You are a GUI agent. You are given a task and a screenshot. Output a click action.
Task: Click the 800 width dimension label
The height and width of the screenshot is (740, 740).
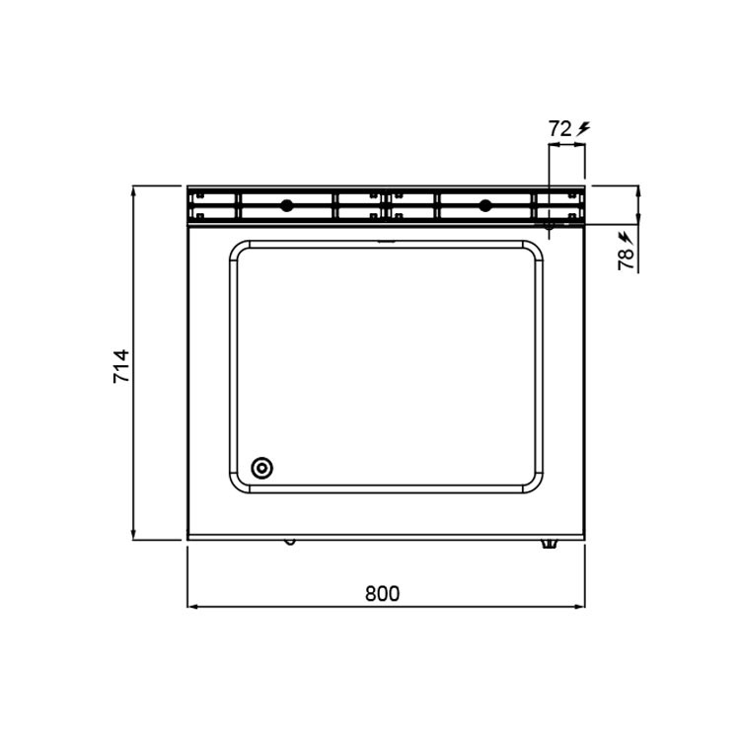382,593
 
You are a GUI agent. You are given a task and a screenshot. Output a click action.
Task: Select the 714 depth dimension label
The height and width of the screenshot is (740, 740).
121,366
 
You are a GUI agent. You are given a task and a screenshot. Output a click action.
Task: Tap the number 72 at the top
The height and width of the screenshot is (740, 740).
560,128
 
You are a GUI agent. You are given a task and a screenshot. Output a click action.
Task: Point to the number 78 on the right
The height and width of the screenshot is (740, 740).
626,259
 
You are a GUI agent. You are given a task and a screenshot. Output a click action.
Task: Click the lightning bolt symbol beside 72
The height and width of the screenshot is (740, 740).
584,128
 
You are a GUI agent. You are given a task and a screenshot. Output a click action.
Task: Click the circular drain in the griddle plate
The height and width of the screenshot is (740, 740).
261,468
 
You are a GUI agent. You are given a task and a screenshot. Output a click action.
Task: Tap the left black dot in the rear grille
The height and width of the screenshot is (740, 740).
286,206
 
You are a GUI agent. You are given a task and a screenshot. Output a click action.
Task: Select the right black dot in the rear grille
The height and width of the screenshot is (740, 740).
484,206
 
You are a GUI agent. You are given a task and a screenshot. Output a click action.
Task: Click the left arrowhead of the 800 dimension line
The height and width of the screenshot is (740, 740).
192,607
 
